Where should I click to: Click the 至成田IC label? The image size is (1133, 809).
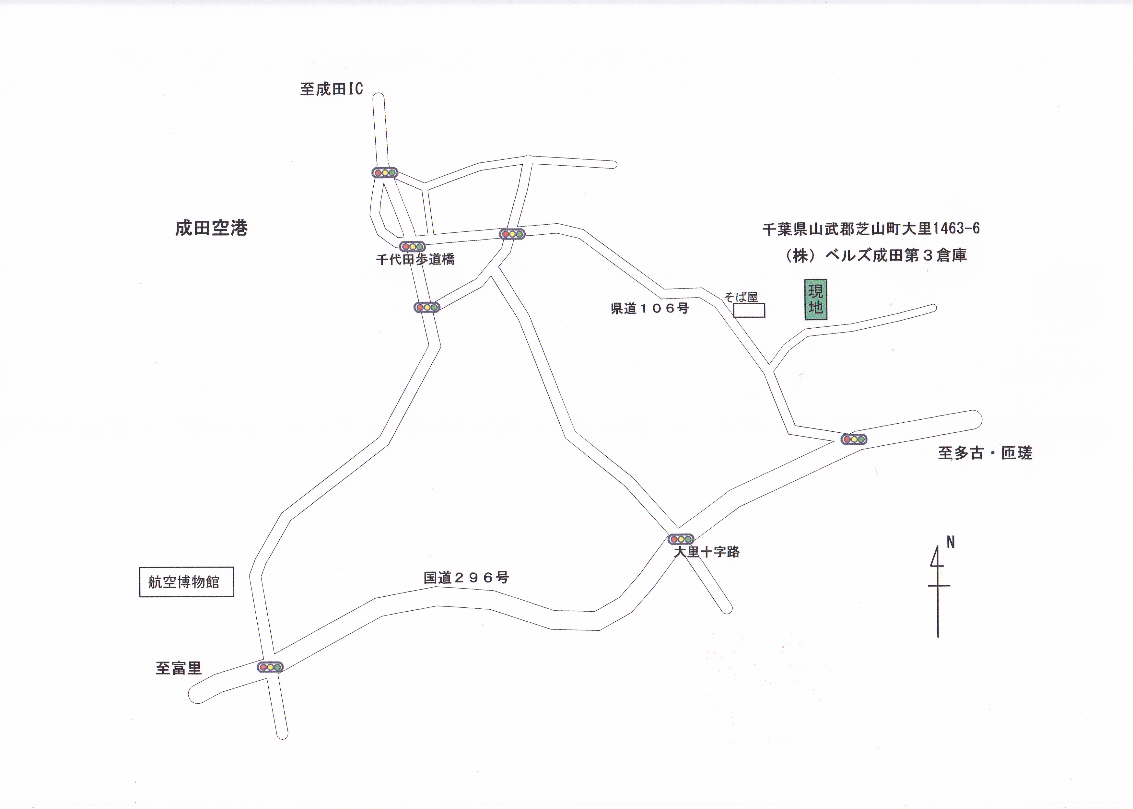point(331,89)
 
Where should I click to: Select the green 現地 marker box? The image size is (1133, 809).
point(816,299)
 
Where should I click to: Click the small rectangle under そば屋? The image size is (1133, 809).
point(749,311)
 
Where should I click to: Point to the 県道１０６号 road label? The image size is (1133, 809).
point(650,308)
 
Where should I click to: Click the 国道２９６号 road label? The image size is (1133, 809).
point(466,577)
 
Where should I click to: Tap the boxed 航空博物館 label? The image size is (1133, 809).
point(186,582)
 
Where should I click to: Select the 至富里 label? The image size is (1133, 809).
point(178,668)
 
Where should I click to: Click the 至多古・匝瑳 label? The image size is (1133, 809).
point(985,453)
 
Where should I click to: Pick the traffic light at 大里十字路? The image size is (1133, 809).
point(681,539)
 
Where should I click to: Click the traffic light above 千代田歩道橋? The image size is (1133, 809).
point(412,247)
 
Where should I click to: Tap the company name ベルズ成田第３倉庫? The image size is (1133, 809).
point(896,255)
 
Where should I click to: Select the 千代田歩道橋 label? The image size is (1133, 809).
point(415,259)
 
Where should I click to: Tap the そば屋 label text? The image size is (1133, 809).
point(741,298)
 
